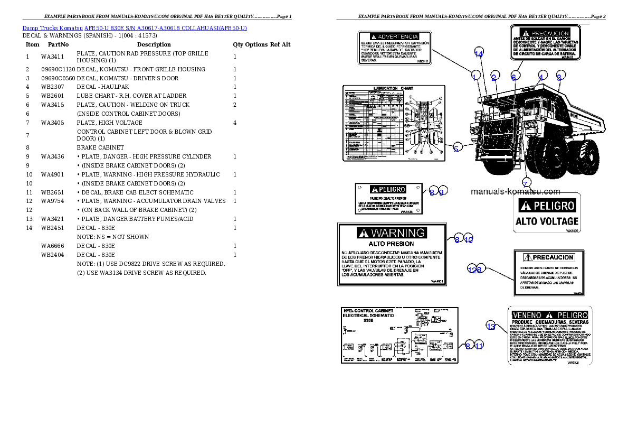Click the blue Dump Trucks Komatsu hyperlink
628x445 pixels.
coord(135,28)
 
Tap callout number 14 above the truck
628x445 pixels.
coord(479,54)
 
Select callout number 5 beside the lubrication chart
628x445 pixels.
coord(457,149)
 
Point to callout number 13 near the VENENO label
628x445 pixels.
coord(491,327)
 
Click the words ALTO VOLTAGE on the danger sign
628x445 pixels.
coord(547,221)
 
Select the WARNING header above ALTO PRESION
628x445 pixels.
coord(392,233)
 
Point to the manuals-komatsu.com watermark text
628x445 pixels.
coord(515,192)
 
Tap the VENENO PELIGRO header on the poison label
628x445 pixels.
coord(549,314)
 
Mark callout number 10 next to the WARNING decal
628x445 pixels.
coord(468,239)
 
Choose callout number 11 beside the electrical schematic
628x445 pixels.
coord(479,346)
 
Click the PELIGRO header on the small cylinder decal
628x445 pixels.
coord(388,189)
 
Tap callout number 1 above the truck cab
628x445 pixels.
coord(474,77)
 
